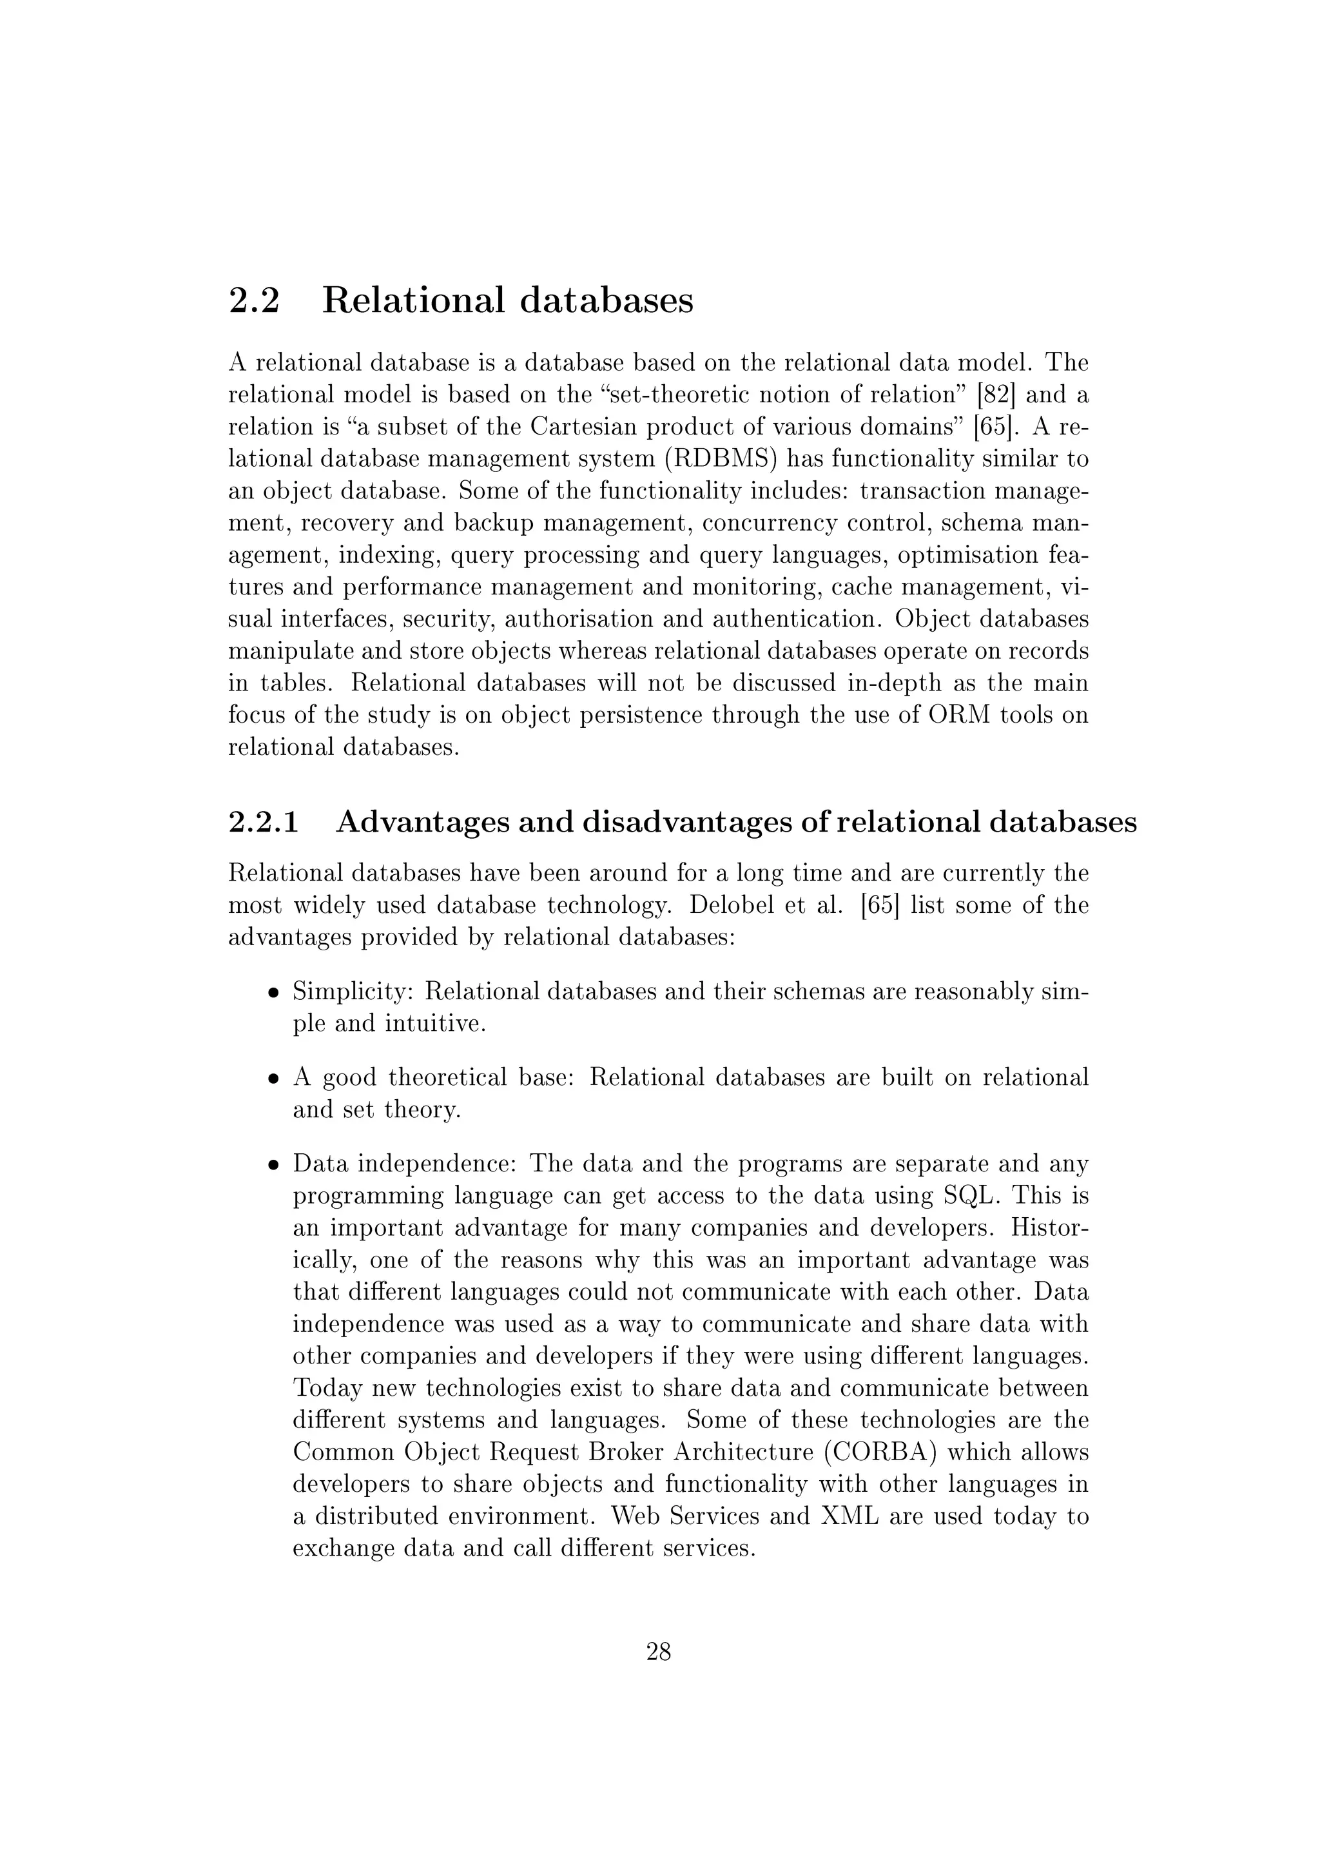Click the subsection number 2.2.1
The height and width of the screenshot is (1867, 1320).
tap(264, 822)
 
